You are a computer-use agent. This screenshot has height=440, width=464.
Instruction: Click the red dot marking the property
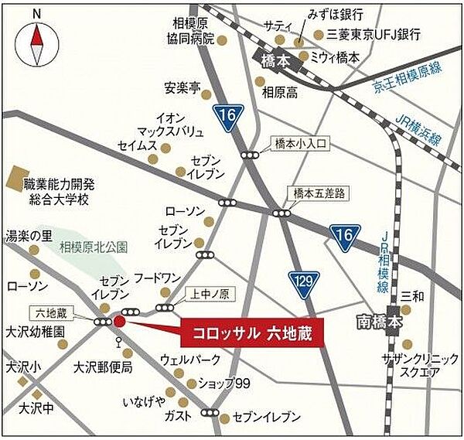(x=119, y=322)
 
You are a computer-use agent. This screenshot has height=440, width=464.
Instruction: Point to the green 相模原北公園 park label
(x=94, y=247)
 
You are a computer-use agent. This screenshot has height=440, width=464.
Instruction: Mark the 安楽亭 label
(x=183, y=87)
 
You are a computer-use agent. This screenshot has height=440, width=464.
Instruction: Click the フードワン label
(x=157, y=277)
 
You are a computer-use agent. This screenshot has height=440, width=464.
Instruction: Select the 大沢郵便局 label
(x=104, y=367)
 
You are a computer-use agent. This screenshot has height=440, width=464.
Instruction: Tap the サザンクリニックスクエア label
(x=411, y=366)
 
